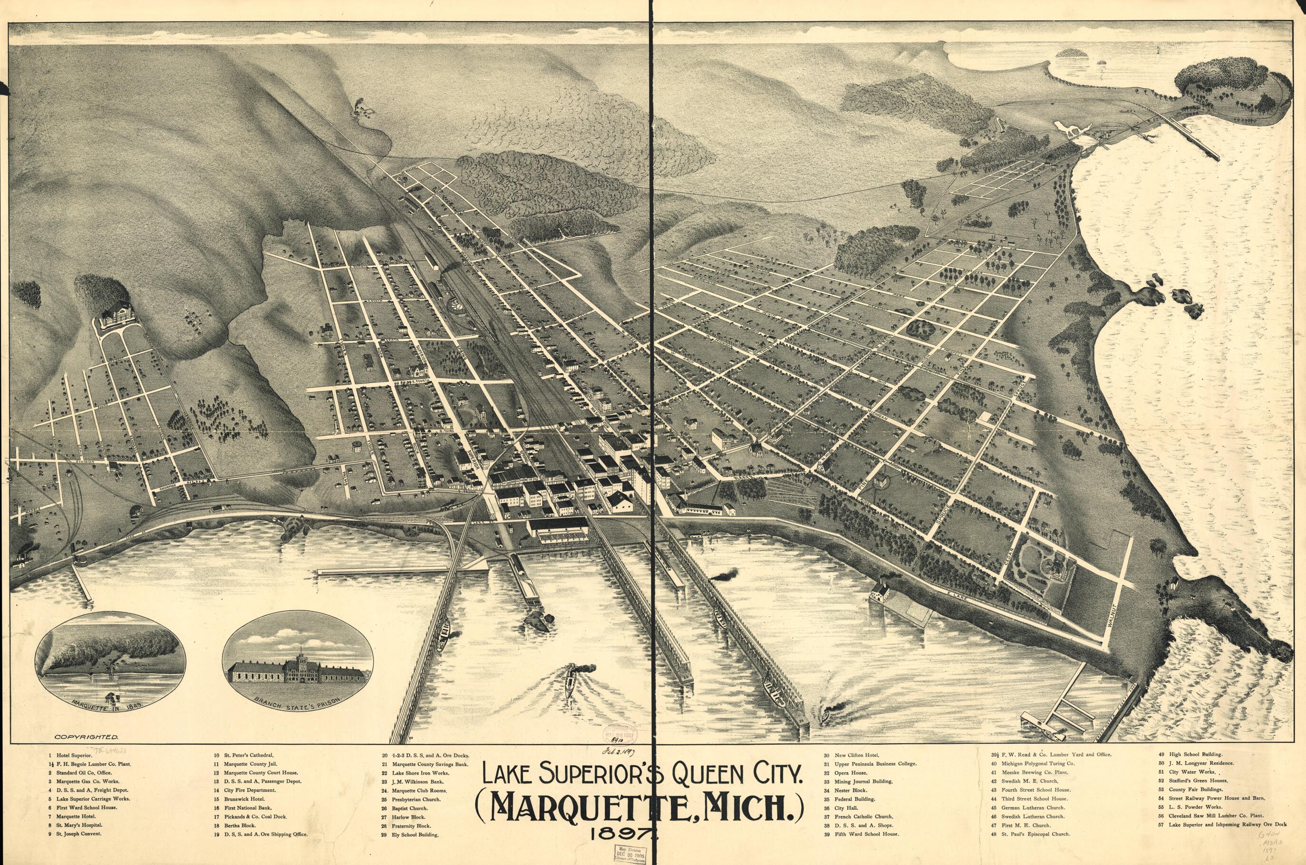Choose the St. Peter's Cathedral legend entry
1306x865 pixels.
pos(248,755)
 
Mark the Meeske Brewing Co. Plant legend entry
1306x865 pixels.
pos(1035,772)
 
